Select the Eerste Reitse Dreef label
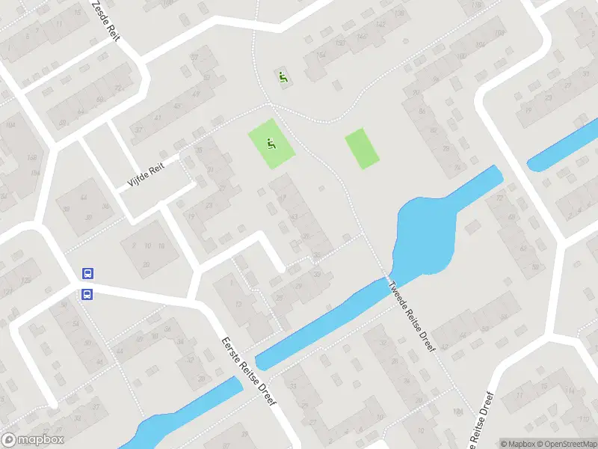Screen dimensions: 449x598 250,372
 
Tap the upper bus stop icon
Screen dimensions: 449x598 87,275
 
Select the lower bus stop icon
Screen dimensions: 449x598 87,294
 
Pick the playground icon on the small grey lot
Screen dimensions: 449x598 283,76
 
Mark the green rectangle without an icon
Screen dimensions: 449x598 362,148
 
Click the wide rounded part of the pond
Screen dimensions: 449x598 423,232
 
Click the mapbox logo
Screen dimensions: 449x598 32,440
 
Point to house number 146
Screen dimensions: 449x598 362,37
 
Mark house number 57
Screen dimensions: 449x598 195,58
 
